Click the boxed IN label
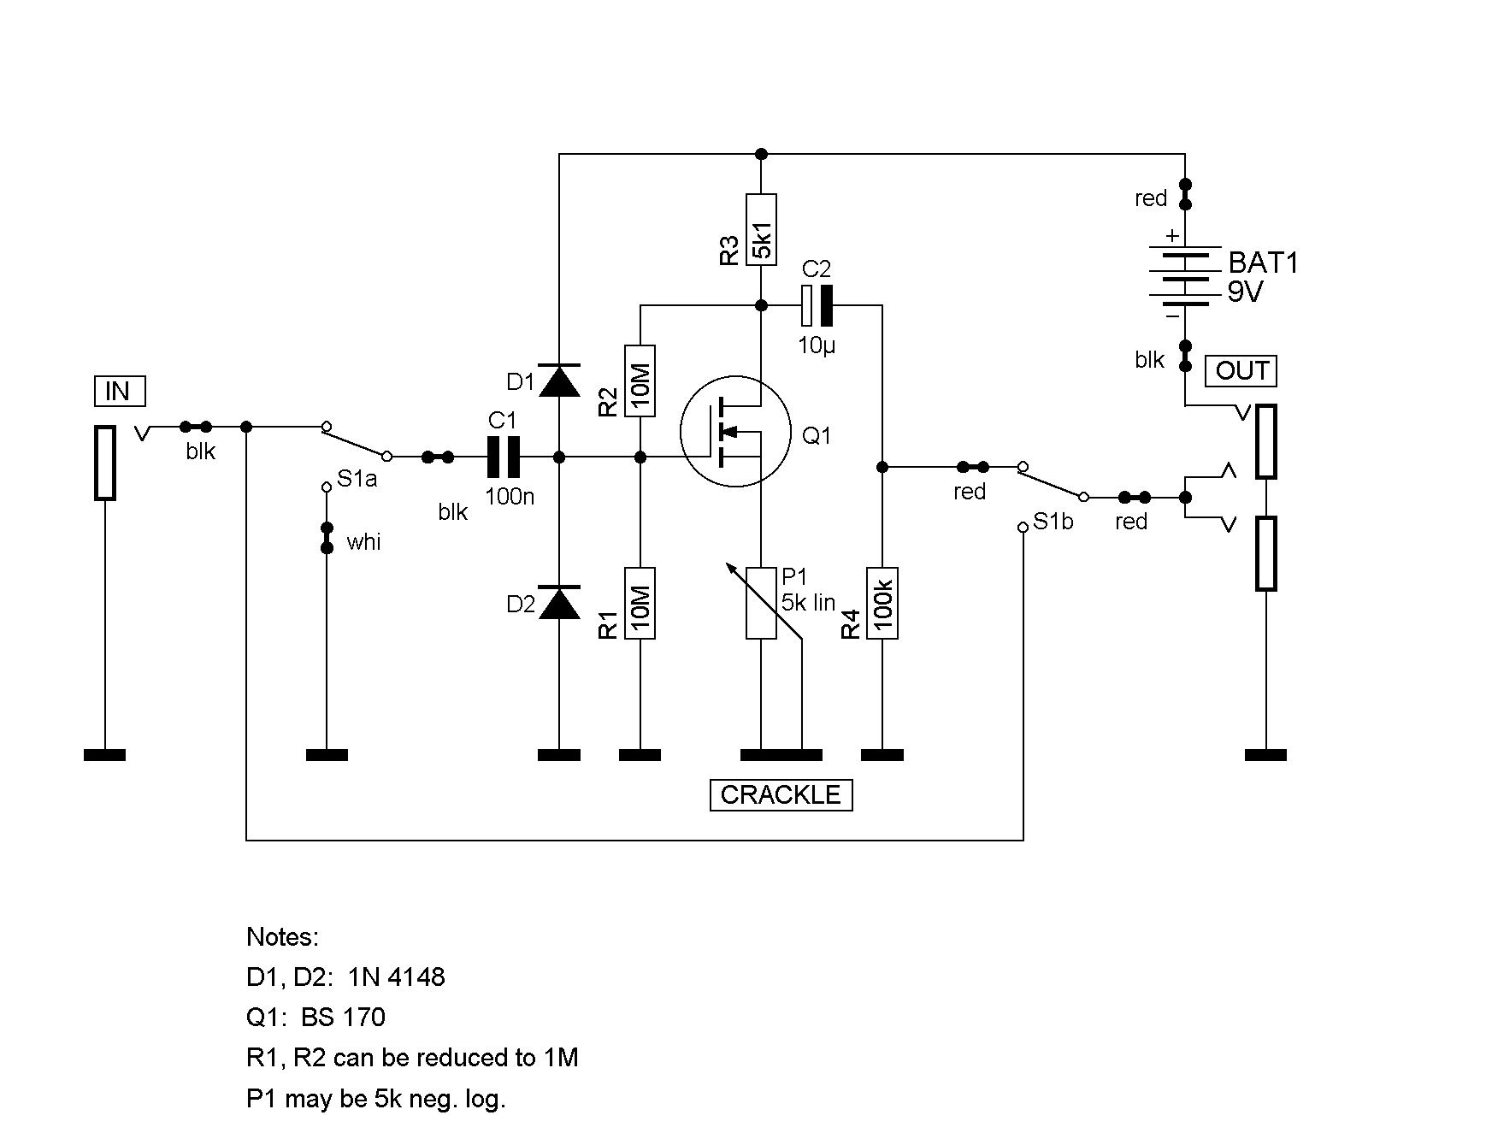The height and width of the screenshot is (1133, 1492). coord(119,392)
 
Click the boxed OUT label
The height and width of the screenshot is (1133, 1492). coord(1241,371)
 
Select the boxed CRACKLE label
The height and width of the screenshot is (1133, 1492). coord(781,795)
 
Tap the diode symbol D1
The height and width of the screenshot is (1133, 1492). coord(559,381)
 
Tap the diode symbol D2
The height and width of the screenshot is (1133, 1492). coord(559,603)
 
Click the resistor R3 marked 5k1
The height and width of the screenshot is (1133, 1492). coord(761,229)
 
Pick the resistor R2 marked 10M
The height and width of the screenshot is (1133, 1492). coord(640,381)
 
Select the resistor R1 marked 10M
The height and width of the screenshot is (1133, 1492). coord(640,603)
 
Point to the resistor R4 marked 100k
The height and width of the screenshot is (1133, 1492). coord(882,603)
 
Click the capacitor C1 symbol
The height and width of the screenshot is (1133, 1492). coord(503,457)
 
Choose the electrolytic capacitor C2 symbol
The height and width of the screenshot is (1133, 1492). coord(817,305)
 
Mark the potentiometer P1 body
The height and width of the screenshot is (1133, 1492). coord(761,603)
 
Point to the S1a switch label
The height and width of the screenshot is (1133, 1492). coord(357,479)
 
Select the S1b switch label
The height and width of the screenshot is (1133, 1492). coord(1053,522)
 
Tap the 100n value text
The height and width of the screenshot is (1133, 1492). coord(510,496)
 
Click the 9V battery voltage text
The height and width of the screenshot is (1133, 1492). coord(1245,293)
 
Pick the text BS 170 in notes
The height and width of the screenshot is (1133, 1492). coord(343,1018)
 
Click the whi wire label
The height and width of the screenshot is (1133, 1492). coord(363,542)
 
